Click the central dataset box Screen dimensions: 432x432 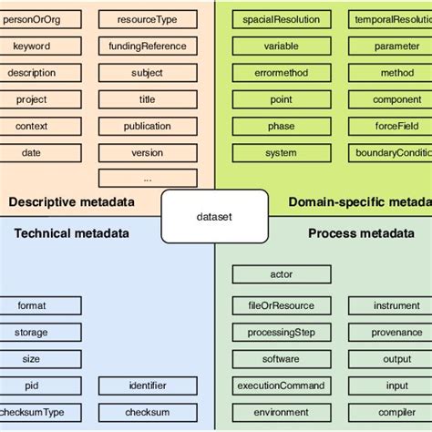tap(215, 216)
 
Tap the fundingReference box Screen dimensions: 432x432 tap(147, 46)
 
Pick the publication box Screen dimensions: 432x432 tap(147, 127)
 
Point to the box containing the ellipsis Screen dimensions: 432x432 tap(147, 178)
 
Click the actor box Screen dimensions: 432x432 tap(281, 274)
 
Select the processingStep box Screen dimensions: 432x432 tap(281, 333)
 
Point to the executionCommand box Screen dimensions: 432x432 tap(281, 386)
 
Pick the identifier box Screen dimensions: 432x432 tap(147, 386)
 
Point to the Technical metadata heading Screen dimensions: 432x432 tap(71, 233)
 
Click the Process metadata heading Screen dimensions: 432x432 tap(360, 233)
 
